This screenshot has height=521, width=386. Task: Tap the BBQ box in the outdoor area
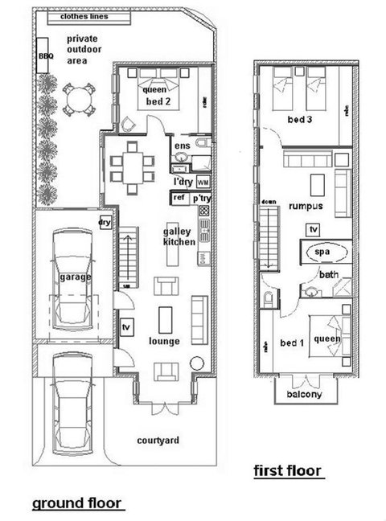tap(44, 57)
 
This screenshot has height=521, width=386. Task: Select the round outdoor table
tap(77, 102)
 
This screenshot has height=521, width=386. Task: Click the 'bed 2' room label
tap(156, 102)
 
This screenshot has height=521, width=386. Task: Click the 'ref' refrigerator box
tap(179, 197)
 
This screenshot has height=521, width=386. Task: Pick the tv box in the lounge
tap(125, 328)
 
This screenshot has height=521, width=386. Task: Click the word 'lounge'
tap(165, 341)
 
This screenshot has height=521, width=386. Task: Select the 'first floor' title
tap(289, 470)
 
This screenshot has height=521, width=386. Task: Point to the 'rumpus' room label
tap(306, 206)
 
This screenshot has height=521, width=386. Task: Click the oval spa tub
tap(322, 252)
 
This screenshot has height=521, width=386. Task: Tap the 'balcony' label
tap(302, 394)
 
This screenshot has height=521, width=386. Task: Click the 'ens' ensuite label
tap(182, 146)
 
